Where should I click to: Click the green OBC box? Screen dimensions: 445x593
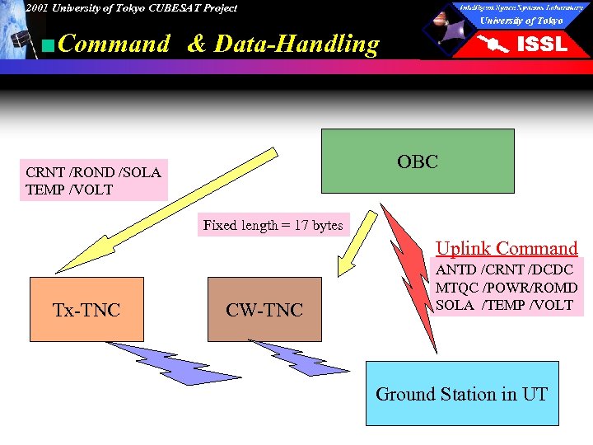[417, 162]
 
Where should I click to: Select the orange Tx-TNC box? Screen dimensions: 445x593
[86, 310]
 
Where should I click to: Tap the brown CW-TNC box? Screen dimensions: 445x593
[264, 310]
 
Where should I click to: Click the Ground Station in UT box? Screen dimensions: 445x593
[461, 394]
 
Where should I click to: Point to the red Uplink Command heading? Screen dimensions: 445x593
[507, 248]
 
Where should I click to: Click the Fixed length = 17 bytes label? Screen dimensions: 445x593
[273, 225]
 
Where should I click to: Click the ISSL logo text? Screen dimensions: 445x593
[541, 44]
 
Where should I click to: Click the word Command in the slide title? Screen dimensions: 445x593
[114, 44]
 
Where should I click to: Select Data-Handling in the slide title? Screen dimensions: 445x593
[296, 44]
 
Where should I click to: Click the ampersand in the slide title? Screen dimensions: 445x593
[197, 44]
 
